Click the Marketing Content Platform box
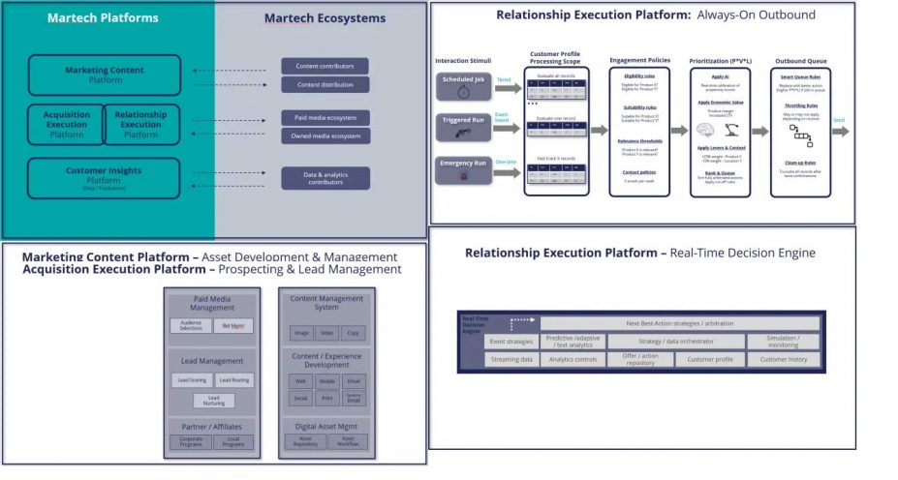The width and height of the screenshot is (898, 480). pyautogui.click(x=105, y=75)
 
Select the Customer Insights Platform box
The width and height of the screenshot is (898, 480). pyautogui.click(x=105, y=178)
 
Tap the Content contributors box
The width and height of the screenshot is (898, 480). pyautogui.click(x=325, y=66)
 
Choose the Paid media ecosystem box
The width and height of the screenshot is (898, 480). pyautogui.click(x=325, y=118)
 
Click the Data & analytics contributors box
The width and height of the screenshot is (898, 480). pyautogui.click(x=325, y=177)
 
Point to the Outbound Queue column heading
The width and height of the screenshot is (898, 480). pyautogui.click(x=801, y=60)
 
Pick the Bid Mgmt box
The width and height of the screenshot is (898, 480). pyautogui.click(x=233, y=326)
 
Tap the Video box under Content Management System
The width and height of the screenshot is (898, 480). pyautogui.click(x=327, y=333)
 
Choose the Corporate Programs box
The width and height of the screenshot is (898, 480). pyautogui.click(x=191, y=442)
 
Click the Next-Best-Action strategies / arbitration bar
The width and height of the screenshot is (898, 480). pyautogui.click(x=680, y=323)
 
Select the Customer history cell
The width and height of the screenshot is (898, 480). pyautogui.click(x=784, y=359)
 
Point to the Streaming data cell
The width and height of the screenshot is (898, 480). pyautogui.click(x=511, y=359)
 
